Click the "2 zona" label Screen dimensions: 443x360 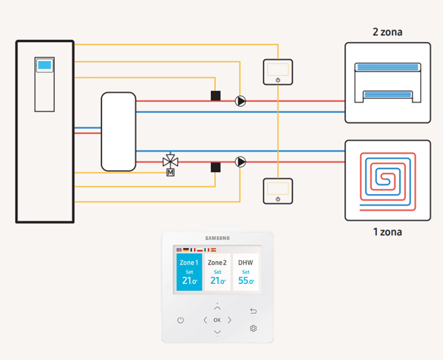pyautogui.click(x=388, y=32)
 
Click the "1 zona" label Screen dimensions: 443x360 pyautogui.click(x=388, y=232)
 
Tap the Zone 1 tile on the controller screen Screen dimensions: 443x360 pyautogui.click(x=189, y=272)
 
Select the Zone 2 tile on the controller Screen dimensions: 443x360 pyautogui.click(x=217, y=272)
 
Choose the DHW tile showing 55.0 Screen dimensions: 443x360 pyautogui.click(x=246, y=272)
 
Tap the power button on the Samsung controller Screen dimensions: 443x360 pyautogui.click(x=180, y=320)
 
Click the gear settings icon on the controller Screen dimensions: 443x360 pyautogui.click(x=253, y=328)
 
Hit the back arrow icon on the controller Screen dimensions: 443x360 pyautogui.click(x=253, y=311)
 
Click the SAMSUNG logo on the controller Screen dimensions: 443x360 pyautogui.click(x=217, y=238)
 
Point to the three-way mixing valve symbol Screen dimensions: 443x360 pyautogui.click(x=170, y=161)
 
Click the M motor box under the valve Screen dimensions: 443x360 pyautogui.click(x=170, y=172)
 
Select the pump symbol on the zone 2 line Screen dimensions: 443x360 pyautogui.click(x=241, y=101)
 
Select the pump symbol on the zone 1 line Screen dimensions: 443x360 pyautogui.click(x=241, y=162)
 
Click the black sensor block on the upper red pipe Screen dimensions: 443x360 pyautogui.click(x=216, y=96)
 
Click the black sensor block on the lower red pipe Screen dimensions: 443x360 pyautogui.click(x=216, y=167)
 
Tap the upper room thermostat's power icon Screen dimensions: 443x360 pyautogui.click(x=278, y=80)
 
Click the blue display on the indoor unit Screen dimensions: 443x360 pyautogui.click(x=44, y=65)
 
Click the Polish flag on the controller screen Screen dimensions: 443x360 pyautogui.click(x=200, y=250)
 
